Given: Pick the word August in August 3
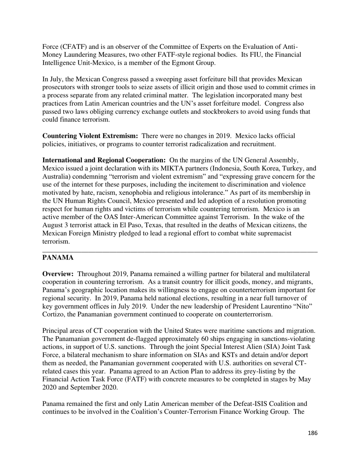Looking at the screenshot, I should point(53,225).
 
